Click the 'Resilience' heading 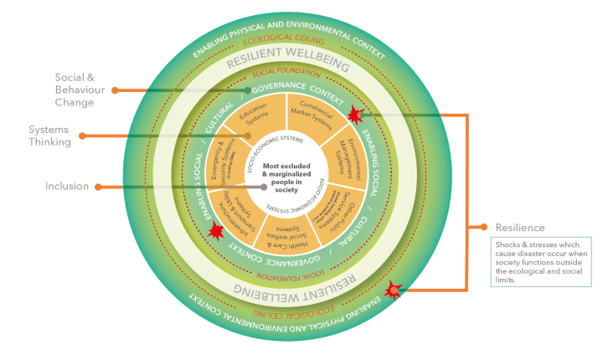click(520, 227)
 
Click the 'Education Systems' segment click(252, 124)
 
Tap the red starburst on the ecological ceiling click(393, 290)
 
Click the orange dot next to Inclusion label click(100, 186)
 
